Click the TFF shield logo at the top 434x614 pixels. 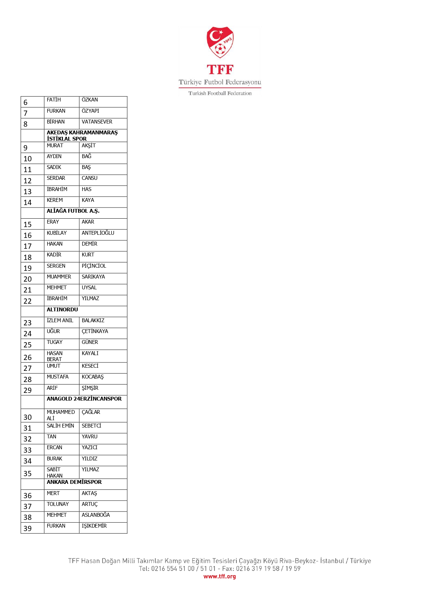(x=220, y=42)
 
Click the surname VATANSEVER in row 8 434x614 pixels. (x=97, y=122)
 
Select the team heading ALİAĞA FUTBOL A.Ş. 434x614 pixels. (x=73, y=211)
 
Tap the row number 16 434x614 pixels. (x=28, y=235)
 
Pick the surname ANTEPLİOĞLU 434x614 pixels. (x=98, y=233)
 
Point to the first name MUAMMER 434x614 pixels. (x=59, y=277)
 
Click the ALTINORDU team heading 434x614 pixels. (x=62, y=310)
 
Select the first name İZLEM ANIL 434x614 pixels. (x=60, y=320)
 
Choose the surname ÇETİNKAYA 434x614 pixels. (x=95, y=331)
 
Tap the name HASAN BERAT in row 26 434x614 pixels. (x=55, y=356)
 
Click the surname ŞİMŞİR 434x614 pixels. (x=90, y=388)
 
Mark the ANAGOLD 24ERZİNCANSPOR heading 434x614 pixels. (x=84, y=399)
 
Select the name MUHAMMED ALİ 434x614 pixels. (x=61, y=415)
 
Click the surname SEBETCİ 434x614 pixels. (x=91, y=426)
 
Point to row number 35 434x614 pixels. (x=28, y=474)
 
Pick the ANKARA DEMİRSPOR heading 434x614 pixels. (x=74, y=482)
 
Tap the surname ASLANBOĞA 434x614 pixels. (x=95, y=515)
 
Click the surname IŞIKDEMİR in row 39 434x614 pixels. (x=94, y=526)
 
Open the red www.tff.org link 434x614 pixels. (x=220, y=576)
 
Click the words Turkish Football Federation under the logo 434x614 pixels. (x=220, y=93)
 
